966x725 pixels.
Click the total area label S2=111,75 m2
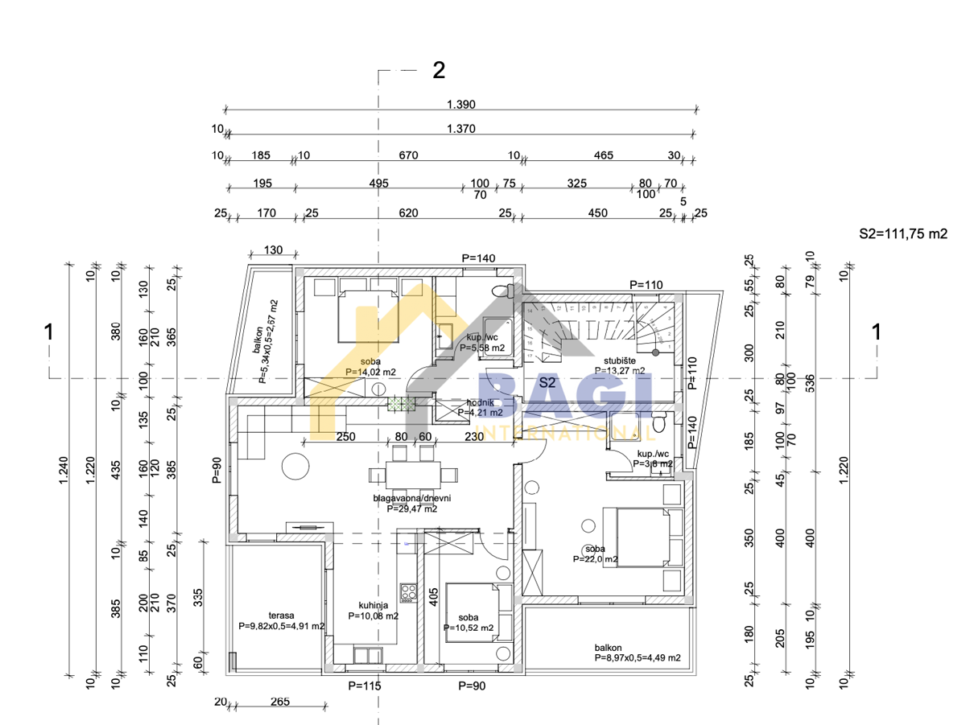coord(903,234)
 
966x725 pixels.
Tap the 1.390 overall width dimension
coord(461,104)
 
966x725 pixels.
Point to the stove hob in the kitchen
coord(408,592)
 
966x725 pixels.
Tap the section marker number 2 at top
coord(439,71)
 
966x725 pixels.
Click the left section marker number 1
coord(49,332)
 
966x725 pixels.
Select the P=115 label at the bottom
coord(364,686)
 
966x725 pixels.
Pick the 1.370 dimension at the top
coord(461,129)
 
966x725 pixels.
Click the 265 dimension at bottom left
coord(279,702)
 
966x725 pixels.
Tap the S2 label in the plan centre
coord(547,382)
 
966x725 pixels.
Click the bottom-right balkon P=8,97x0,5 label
coord(638,652)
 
